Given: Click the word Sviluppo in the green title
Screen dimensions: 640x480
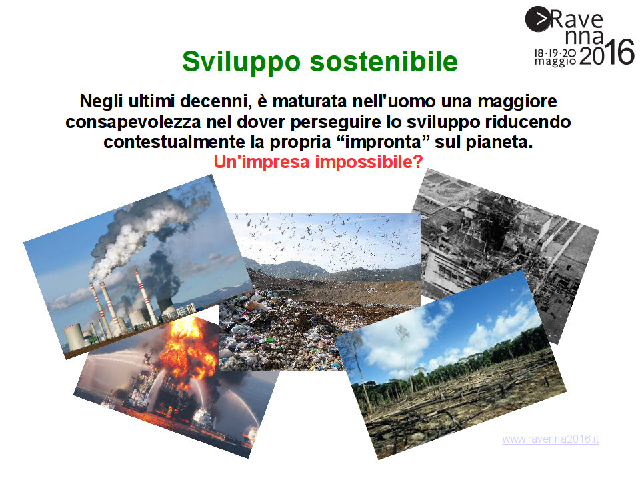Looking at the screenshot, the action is pyautogui.click(x=241, y=63).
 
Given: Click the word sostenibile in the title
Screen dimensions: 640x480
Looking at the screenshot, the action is pyautogui.click(x=384, y=61).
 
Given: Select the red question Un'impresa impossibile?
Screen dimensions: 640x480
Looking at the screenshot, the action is pyautogui.click(x=319, y=162).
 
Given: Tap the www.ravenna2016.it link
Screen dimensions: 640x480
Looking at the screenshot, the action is pyautogui.click(x=551, y=439).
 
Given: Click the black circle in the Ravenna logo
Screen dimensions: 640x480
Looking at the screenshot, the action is pyautogui.click(x=537, y=19).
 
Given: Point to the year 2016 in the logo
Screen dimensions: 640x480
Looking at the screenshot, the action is pyautogui.click(x=607, y=53).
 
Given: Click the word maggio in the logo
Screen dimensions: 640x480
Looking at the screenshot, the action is pyautogui.click(x=555, y=61).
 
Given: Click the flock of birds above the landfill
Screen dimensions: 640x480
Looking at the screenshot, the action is pyautogui.click(x=327, y=239).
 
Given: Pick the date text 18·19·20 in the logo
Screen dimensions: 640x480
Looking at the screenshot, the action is pyautogui.click(x=555, y=53).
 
